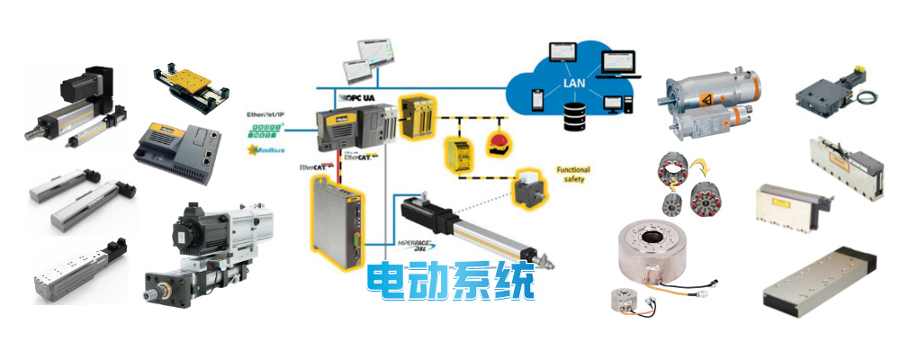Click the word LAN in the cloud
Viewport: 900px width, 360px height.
point(575,85)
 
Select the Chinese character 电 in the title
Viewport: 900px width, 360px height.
point(389,281)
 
